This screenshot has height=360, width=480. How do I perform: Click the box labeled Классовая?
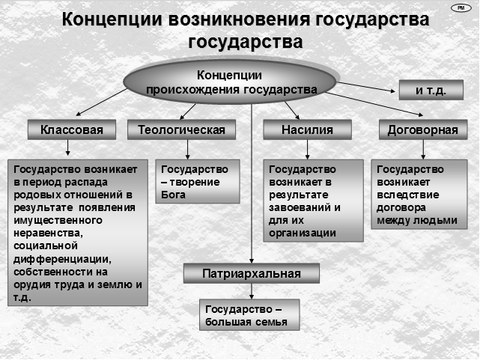(x=72, y=129)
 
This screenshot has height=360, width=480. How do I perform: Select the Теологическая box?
(x=181, y=129)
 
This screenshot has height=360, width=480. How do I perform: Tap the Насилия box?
(x=307, y=129)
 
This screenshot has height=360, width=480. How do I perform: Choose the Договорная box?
(x=423, y=129)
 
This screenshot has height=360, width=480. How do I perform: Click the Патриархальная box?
(x=252, y=273)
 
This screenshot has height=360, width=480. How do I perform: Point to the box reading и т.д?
(x=431, y=90)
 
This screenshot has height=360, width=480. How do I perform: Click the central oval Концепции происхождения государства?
(x=230, y=82)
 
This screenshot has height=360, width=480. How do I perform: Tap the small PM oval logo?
(x=461, y=8)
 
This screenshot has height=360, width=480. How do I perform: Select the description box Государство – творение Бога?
(x=198, y=182)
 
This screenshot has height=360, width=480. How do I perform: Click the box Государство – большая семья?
(x=249, y=315)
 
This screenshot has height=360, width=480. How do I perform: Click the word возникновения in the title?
(x=240, y=19)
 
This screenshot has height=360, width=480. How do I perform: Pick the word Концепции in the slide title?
(x=112, y=20)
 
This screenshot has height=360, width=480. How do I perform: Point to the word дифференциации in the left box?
(x=62, y=260)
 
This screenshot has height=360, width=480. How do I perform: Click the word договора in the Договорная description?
(x=401, y=207)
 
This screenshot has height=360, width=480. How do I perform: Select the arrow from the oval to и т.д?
(x=366, y=87)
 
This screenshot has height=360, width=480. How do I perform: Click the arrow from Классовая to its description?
(x=68, y=147)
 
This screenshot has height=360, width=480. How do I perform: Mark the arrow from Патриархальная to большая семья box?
(x=252, y=291)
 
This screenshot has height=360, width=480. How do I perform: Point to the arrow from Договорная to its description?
(x=423, y=150)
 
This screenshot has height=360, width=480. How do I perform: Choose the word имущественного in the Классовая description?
(x=58, y=221)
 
